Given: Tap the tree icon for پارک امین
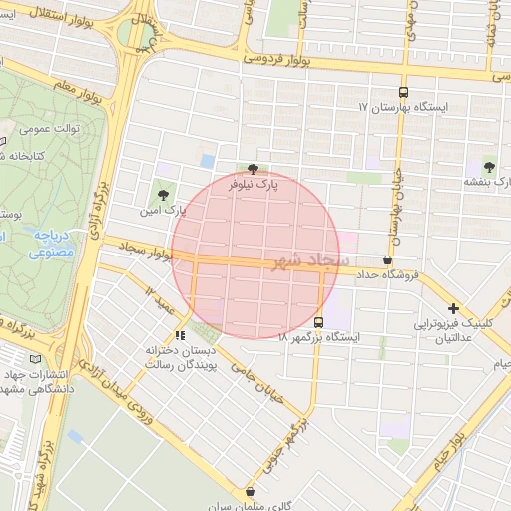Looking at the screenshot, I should click(x=163, y=195).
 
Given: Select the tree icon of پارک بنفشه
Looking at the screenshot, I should click(x=489, y=167).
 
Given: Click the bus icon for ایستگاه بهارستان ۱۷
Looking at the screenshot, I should click(x=404, y=90).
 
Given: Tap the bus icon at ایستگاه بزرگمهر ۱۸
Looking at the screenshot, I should click(x=318, y=322).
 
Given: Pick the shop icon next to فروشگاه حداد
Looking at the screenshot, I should click(x=373, y=259).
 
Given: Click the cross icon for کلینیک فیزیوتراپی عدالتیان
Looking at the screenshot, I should click(x=454, y=309).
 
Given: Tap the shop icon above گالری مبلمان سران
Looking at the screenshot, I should click(x=249, y=491).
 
